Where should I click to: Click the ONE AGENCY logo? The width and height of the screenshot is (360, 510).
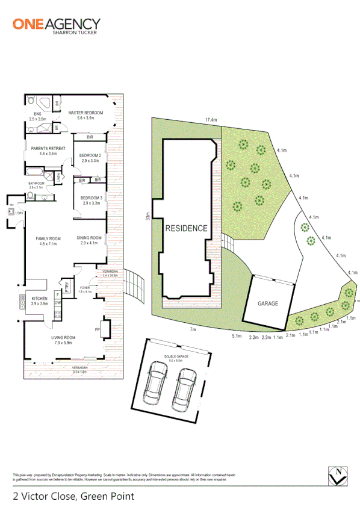click(57, 25)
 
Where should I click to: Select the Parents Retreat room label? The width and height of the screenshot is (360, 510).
click(40, 151)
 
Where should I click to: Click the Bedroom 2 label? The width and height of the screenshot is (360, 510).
click(89, 158)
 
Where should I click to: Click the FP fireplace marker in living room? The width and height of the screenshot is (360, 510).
click(97, 330)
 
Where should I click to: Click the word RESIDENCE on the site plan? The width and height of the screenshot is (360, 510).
click(187, 228)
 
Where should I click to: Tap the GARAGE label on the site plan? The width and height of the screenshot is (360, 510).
click(268, 303)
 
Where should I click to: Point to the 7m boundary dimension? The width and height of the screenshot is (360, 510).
click(193, 329)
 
